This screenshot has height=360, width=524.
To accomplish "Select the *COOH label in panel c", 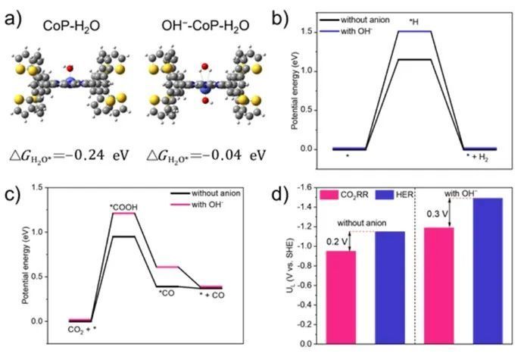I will click(x=123, y=205).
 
